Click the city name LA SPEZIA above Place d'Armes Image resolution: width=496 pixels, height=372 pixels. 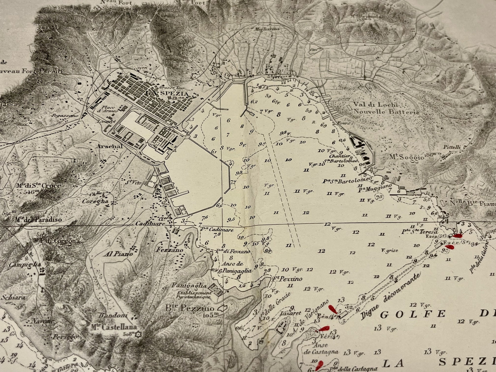tap(167, 94)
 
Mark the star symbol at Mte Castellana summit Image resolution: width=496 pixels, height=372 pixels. tap(139, 334)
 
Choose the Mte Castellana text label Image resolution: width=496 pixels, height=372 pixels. tap(114, 327)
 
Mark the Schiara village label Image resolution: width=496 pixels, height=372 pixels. tap(13, 298)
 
